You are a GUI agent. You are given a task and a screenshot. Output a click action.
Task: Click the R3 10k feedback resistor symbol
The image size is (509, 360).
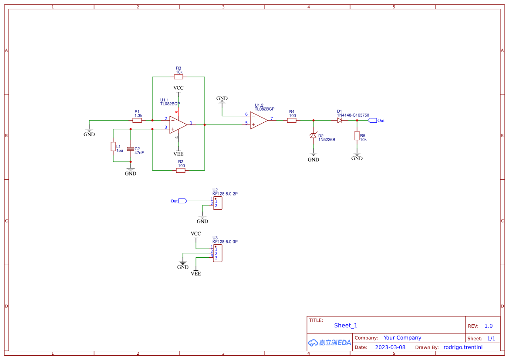179,77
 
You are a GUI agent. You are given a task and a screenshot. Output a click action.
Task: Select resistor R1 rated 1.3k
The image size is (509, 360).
137,121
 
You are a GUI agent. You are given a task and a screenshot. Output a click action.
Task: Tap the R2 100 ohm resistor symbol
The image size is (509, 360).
181,171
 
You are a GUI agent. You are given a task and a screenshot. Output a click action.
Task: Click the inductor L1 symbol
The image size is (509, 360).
113,146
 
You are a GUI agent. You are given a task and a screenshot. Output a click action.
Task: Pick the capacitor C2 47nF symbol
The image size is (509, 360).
131,149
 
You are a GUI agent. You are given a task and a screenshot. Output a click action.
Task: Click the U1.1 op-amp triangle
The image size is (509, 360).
178,124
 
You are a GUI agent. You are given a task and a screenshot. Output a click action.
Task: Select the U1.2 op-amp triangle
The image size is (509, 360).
259,121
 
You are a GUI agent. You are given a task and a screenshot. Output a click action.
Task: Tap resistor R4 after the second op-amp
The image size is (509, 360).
292,121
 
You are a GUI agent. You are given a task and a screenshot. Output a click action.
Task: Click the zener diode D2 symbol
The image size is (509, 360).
313,136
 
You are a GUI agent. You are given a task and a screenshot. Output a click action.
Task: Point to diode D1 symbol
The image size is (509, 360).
340,121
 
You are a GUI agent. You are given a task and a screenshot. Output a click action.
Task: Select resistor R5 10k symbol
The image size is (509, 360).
357,136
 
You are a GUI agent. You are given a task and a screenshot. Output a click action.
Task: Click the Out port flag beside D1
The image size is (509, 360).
372,121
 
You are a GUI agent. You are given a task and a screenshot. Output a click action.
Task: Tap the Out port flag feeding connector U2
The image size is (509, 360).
183,201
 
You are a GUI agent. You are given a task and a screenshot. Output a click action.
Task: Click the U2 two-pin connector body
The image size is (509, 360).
218,203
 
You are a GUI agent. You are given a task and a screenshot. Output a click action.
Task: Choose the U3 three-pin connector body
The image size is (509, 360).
218,253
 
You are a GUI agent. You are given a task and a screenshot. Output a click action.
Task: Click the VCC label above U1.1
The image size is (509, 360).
178,88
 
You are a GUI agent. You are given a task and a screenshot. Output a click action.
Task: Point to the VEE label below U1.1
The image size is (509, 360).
178,154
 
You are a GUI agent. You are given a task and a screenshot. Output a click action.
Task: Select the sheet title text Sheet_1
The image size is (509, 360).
346,325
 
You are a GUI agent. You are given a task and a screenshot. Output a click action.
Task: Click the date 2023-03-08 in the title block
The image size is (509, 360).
390,347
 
